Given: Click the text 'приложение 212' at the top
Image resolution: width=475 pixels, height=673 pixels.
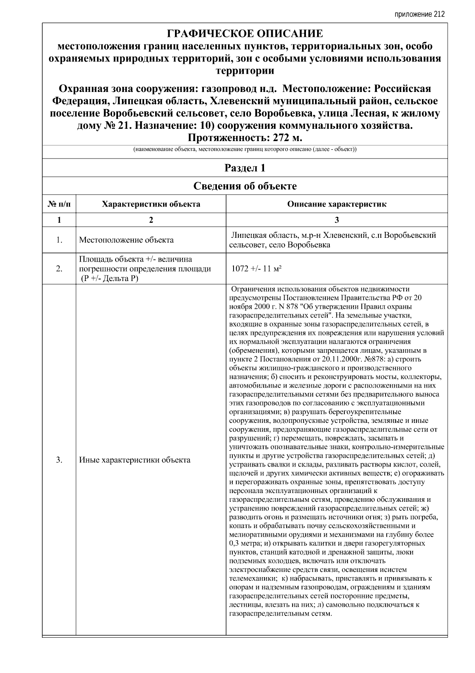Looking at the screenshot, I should [420, 15].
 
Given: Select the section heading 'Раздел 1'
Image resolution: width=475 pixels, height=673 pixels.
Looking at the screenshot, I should [245, 168].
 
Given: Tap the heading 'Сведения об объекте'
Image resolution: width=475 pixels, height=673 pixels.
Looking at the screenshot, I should [245, 186].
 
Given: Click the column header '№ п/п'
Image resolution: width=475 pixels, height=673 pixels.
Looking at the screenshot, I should [59, 205].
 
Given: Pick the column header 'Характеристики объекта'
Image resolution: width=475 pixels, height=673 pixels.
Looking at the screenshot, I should [151, 205].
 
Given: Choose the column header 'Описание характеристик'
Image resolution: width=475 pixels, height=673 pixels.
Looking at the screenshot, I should [336, 205].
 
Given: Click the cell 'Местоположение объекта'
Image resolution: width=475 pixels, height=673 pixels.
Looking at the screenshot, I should [126, 240].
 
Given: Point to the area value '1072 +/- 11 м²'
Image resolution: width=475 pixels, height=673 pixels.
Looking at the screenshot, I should [256, 269].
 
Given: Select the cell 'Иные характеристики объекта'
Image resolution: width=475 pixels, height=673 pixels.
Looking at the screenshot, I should [135, 460].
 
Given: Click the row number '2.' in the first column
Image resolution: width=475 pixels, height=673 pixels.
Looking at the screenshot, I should [59, 269].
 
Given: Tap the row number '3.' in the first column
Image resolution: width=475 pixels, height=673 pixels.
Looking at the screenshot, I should [59, 460].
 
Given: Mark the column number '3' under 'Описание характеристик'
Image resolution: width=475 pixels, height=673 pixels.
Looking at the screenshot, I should [336, 220].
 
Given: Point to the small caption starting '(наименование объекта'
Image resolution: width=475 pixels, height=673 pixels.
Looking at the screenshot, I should [245, 150].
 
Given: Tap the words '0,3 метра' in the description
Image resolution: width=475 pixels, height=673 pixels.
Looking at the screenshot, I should [244, 543].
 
